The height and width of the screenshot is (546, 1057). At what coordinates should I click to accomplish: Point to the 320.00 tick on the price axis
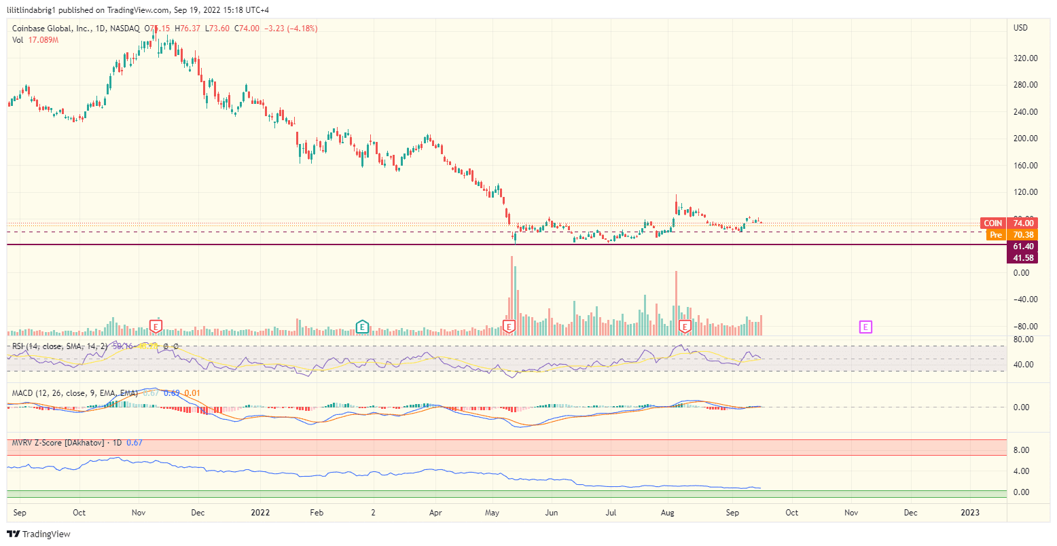(1025, 58)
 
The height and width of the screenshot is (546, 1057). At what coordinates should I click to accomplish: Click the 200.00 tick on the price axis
(1025, 139)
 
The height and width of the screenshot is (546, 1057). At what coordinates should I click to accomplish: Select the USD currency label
(1020, 29)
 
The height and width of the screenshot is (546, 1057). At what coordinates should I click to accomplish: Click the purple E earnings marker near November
(865, 327)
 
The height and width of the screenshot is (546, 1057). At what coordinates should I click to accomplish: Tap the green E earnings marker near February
(362, 327)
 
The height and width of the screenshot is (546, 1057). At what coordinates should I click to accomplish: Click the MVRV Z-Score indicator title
(58, 443)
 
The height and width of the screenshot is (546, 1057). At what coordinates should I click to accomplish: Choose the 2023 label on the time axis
(971, 512)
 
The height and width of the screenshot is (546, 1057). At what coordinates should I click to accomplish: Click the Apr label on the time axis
(435, 512)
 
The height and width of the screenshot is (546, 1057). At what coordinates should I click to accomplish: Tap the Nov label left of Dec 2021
(139, 512)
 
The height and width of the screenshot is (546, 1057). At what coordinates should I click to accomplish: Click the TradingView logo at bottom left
(39, 534)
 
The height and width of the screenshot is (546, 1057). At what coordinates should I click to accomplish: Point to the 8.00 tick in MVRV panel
(1021, 450)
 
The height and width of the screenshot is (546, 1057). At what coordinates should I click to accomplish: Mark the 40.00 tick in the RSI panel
(1023, 365)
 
